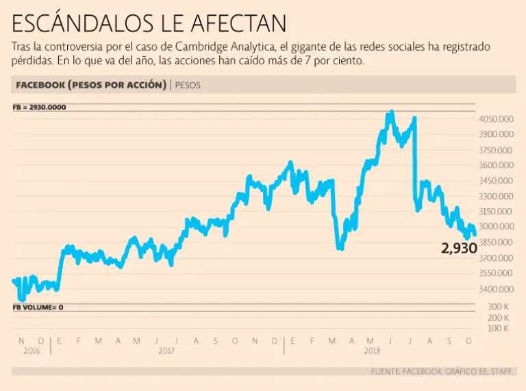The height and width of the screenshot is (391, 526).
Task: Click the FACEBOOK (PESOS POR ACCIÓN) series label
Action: [x=89, y=85]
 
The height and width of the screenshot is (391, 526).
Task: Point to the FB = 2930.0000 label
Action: [x=39, y=108]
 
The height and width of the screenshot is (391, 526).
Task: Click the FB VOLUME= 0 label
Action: [x=38, y=307]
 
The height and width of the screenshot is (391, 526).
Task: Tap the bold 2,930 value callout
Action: [x=459, y=249]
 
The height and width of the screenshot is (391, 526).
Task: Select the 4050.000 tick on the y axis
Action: [x=496, y=119]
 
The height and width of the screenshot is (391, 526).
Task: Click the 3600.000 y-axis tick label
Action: [x=496, y=165]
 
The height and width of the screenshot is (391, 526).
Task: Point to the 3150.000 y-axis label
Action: [x=496, y=211]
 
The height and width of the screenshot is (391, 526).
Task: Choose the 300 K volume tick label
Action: [x=497, y=307]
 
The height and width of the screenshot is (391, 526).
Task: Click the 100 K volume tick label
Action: [x=497, y=329]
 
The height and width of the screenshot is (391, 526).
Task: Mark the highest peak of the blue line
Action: [x=390, y=112]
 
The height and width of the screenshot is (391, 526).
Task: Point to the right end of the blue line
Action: [x=475, y=234]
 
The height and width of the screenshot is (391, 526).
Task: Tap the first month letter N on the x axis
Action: [x=21, y=340]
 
